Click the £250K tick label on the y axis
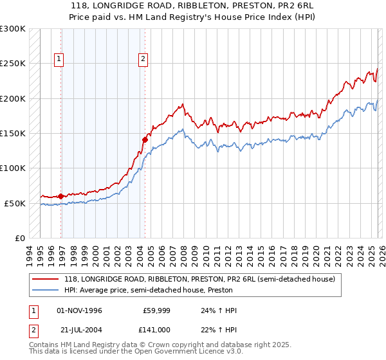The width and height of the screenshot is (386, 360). pyautogui.click(x=13, y=64)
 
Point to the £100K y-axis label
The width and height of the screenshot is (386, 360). pyautogui.click(x=13, y=168)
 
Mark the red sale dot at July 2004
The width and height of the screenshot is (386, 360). pyautogui.click(x=145, y=139)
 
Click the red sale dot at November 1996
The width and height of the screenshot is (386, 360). pyautogui.click(x=61, y=196)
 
